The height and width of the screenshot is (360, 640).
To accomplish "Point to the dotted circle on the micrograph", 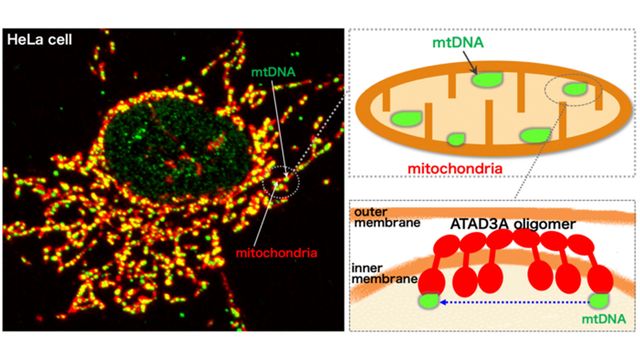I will tap(278, 183).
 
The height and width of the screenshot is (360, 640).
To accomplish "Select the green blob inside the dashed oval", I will tap(574, 90).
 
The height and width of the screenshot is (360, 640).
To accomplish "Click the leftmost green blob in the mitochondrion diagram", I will tap(407, 118).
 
